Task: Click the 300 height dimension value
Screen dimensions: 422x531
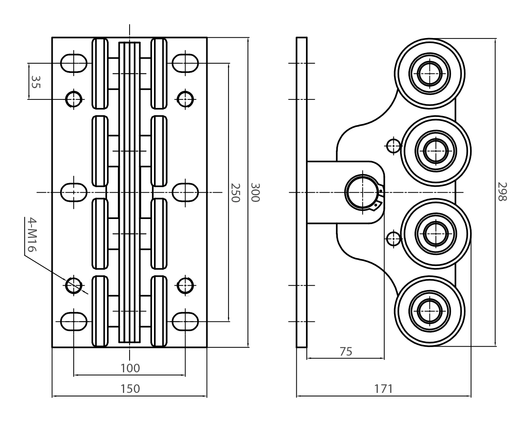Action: (255, 192)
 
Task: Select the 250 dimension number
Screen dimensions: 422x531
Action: (235, 193)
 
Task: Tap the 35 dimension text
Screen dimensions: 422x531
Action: (35, 81)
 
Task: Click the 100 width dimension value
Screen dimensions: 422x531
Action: (130, 368)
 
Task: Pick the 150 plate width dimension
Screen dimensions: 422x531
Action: (130, 388)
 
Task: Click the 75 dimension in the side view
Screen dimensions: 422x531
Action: (346, 351)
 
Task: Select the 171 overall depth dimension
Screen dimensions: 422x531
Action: (383, 388)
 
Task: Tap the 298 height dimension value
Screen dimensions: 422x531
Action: (502, 192)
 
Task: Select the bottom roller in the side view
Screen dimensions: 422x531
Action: (429, 311)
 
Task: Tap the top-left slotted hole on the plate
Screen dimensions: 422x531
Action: (73, 63)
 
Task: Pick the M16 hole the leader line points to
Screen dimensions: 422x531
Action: (73, 285)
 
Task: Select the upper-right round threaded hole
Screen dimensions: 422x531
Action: (185, 99)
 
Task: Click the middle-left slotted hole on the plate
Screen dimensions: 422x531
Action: (73, 192)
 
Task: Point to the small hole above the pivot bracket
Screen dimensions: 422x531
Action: (394, 146)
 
